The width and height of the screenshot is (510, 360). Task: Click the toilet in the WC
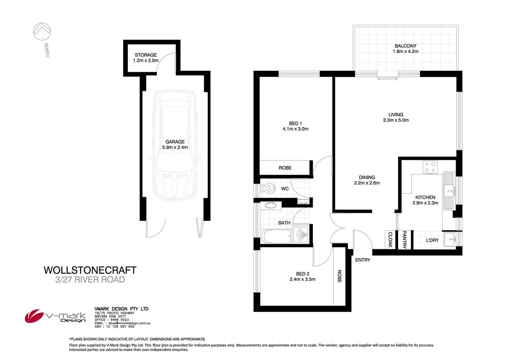268,189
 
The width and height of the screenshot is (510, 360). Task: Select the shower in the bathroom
301,235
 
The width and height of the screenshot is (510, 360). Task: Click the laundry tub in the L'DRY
452,240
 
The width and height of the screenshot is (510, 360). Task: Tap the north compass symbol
42,32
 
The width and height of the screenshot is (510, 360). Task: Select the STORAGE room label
146,55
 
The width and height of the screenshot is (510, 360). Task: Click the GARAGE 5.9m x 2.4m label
175,144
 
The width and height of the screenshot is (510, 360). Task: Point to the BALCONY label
405,49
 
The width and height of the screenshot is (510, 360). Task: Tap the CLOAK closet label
390,240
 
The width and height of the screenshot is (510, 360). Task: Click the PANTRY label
404,240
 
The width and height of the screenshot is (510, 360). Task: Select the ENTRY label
363,260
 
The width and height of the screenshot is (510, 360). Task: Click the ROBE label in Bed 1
285,168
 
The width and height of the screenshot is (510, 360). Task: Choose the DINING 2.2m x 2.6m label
367,180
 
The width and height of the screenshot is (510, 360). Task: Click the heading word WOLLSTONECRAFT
90,270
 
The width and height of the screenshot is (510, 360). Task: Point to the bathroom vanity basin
271,205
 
